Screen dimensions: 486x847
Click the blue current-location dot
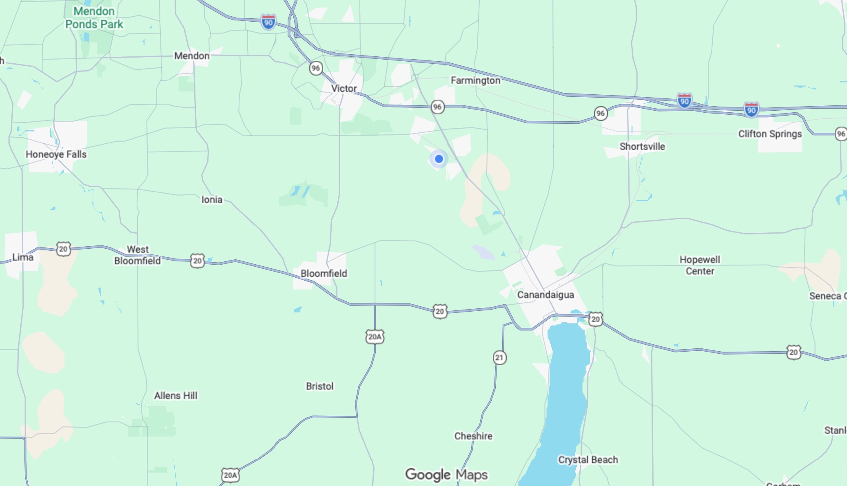pyautogui.click(x=439, y=159)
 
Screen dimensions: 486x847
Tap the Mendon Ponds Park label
pyautogui.click(x=94, y=18)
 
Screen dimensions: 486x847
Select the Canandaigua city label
pyautogui.click(x=545, y=295)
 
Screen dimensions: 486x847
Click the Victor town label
pyautogui.click(x=344, y=89)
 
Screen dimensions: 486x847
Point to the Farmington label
pyautogui.click(x=475, y=80)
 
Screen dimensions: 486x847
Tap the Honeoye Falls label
pyautogui.click(x=56, y=154)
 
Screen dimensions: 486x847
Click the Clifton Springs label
pyautogui.click(x=770, y=134)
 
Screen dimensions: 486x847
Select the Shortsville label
pyautogui.click(x=642, y=147)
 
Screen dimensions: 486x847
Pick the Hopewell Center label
pyautogui.click(x=700, y=265)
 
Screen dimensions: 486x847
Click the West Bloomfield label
pyautogui.click(x=137, y=255)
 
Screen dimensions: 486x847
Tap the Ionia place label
pyautogui.click(x=212, y=200)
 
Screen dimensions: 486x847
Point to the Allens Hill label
pyautogui.click(x=175, y=395)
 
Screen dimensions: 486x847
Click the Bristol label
pyautogui.click(x=320, y=386)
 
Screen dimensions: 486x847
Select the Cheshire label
pyautogui.click(x=473, y=436)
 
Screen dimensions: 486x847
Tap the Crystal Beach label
pyautogui.click(x=588, y=460)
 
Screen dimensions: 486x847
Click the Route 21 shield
pyautogui.click(x=499, y=358)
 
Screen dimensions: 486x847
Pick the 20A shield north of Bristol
pyautogui.click(x=375, y=337)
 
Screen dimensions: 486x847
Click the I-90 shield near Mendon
pyautogui.click(x=268, y=22)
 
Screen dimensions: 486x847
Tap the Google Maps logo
pyautogui.click(x=446, y=475)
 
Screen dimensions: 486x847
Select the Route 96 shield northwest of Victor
pyautogui.click(x=316, y=68)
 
